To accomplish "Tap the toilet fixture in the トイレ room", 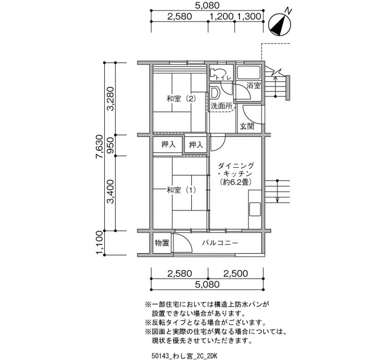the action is tap(215, 74).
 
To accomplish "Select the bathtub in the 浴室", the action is tap(248, 73).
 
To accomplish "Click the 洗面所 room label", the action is tap(222, 106).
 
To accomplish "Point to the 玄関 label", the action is tap(247, 126).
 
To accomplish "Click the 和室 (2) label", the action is tap(181, 99).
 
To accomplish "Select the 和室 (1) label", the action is tap(181, 190).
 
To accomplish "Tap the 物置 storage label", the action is tap(162, 243).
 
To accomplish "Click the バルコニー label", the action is tap(220, 243).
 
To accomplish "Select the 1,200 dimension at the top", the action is tap(222, 17).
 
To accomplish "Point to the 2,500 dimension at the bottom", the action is tap(236, 274).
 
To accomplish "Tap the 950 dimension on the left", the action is tap(111, 145).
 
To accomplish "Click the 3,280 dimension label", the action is tap(111, 99).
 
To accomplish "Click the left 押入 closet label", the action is tap(169, 145).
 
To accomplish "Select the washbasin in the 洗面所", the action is tap(215, 93).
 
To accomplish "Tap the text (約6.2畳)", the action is tap(236, 182).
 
